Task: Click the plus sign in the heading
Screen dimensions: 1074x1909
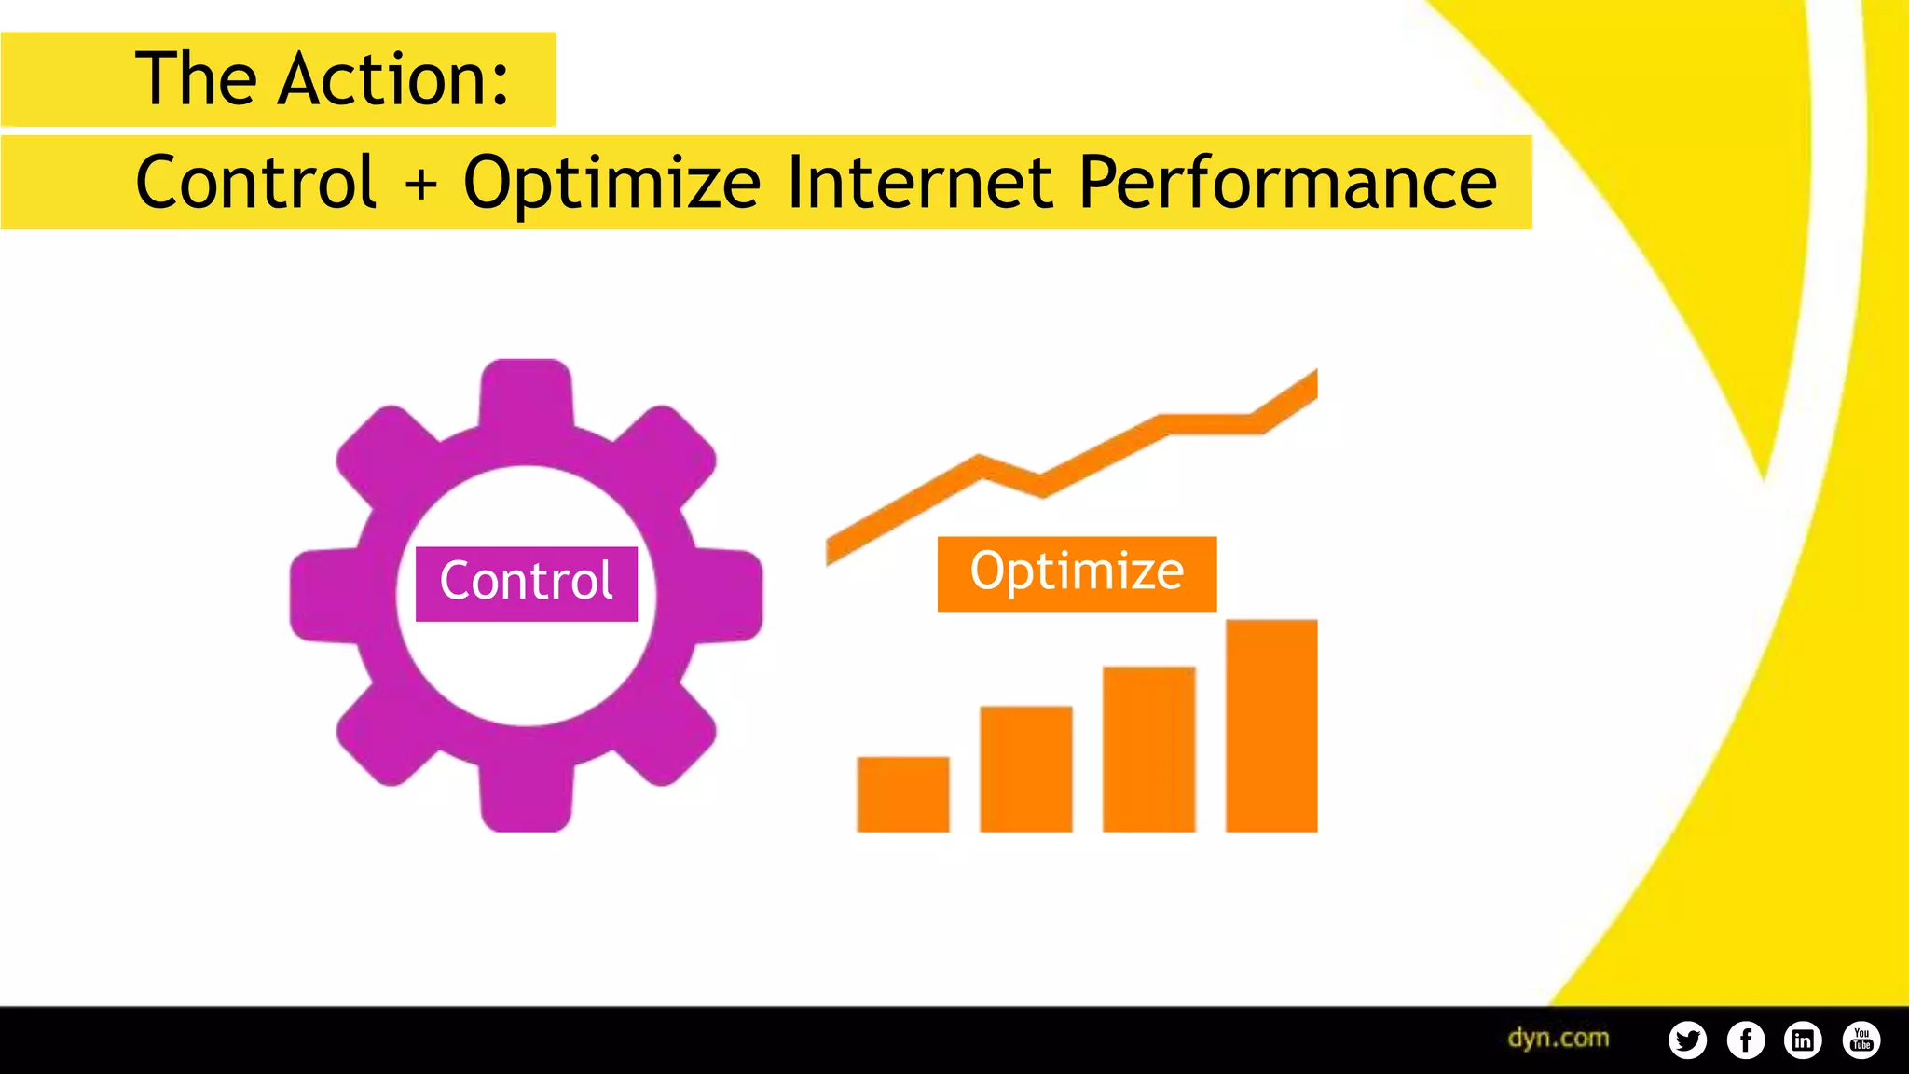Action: pos(421,183)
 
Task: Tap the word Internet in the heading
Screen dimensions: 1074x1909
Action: pos(918,183)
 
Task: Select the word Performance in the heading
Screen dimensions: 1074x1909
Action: pos(1286,183)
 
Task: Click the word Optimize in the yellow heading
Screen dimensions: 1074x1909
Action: pos(611,183)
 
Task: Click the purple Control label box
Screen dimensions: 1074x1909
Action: pos(527,584)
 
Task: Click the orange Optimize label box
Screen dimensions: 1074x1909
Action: pos(1077,573)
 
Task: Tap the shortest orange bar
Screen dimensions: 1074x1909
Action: pos(902,793)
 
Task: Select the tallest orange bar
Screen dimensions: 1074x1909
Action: pos(1270,725)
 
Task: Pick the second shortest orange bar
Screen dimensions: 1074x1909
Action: pos(1025,768)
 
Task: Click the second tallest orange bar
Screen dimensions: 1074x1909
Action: pos(1148,749)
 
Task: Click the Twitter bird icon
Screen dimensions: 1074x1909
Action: pos(1687,1040)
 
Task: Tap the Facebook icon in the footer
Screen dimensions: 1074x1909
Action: pos(1745,1040)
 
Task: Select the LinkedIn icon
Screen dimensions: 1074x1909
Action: pos(1803,1040)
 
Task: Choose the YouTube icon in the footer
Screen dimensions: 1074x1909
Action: pos(1861,1040)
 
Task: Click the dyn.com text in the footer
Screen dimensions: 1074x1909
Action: pos(1559,1038)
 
